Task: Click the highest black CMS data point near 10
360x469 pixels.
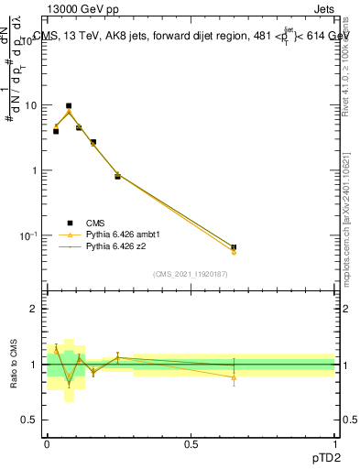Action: (69, 106)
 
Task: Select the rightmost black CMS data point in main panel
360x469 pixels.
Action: (234, 247)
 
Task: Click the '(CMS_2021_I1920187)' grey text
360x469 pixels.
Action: (191, 274)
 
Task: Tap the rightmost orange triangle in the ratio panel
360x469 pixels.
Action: (234, 377)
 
